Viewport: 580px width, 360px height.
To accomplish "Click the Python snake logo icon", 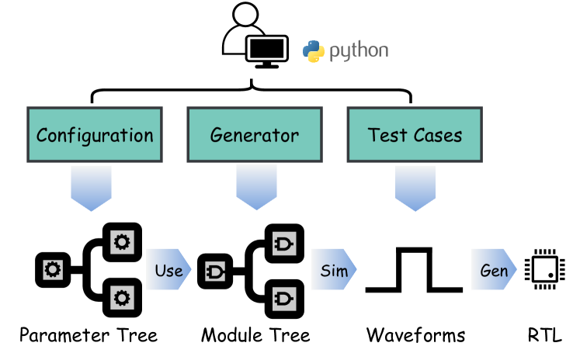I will coord(313,51).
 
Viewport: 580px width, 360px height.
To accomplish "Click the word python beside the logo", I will coord(358,52).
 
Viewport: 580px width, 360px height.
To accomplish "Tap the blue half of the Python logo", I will coord(310,47).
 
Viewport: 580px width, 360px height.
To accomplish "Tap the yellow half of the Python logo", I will coord(317,55).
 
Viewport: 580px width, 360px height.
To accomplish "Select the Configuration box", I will coord(95,135).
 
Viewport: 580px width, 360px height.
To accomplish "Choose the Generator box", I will coord(255,135).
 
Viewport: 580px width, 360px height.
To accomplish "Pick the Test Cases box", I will coord(415,135).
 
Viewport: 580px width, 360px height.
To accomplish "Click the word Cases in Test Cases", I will coord(437,135).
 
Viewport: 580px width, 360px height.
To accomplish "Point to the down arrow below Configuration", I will coord(91,187).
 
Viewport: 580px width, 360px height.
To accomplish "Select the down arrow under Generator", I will coord(256,187).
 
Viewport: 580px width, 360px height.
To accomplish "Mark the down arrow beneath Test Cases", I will coord(415,187).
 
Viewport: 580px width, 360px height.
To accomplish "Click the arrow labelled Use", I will coord(168,269).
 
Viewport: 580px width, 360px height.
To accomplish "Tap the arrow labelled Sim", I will coord(334,269).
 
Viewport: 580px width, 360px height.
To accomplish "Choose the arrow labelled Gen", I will coord(494,269).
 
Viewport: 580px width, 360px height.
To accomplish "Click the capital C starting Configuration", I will coord(43,135).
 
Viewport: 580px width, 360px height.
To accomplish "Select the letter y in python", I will coord(345,54).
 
